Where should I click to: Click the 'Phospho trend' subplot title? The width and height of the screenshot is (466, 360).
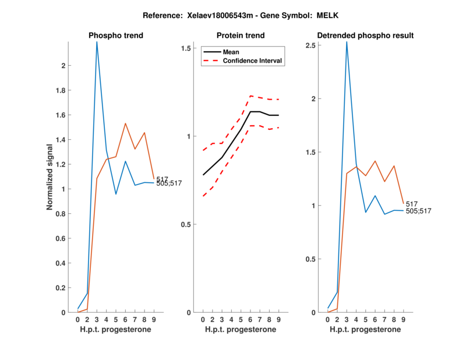(x=116, y=36)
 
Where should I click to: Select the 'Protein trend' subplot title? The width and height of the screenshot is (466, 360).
(x=241, y=36)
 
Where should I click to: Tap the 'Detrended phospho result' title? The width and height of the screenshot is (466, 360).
(x=365, y=36)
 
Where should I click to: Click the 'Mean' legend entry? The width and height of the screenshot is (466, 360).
(x=231, y=52)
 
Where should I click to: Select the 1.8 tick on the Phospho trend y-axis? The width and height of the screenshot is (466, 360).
(x=62, y=90)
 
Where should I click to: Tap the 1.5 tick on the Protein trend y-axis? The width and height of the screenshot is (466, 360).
(x=188, y=48)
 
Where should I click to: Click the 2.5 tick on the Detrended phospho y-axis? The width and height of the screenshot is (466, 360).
(x=313, y=45)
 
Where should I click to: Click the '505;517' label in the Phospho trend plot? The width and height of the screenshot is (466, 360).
(x=170, y=183)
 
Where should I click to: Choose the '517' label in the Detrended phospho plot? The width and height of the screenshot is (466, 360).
(x=412, y=204)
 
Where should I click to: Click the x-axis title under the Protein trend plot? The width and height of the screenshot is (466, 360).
(x=241, y=330)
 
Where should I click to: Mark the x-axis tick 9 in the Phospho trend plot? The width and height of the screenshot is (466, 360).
(x=154, y=319)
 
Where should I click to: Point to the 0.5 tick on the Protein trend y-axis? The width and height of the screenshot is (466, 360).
(x=188, y=224)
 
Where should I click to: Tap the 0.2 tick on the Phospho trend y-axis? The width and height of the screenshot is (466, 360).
(x=62, y=288)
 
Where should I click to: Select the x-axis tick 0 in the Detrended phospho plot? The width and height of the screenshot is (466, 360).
(x=328, y=319)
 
